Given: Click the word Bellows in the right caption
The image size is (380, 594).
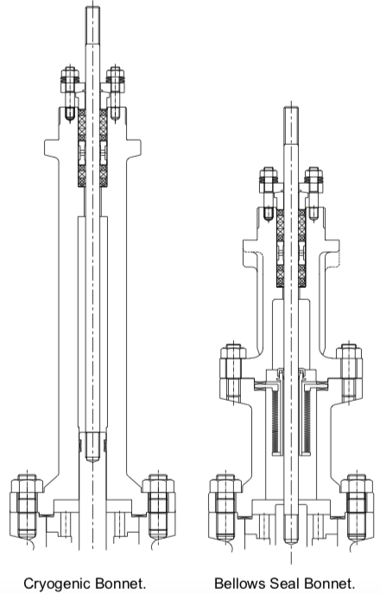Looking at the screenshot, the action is (x=239, y=583).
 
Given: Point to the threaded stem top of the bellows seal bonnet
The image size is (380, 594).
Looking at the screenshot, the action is (x=291, y=126).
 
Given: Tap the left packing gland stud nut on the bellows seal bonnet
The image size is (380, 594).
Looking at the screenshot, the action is (x=269, y=178).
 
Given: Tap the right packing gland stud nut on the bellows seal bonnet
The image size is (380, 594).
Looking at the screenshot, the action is (x=313, y=178).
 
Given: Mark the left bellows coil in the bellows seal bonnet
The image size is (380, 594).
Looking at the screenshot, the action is (x=276, y=422).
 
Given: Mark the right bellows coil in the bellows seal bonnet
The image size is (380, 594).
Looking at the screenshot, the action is (x=306, y=422).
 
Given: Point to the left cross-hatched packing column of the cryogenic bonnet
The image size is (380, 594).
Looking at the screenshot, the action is (x=82, y=147).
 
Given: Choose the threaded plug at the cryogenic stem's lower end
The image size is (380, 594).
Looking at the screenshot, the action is (x=92, y=447).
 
